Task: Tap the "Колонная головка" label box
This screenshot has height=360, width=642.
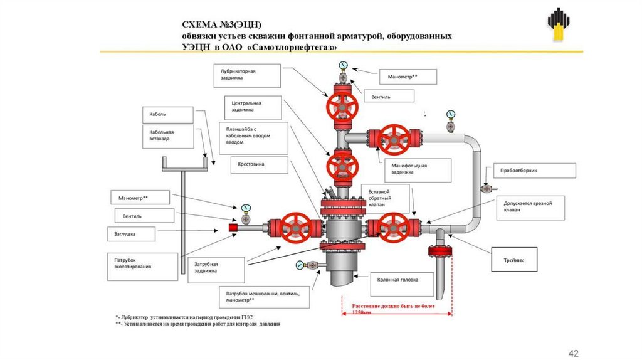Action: (402, 280)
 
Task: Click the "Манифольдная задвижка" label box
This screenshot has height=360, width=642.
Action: (416, 169)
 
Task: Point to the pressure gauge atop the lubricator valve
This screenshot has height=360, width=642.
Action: (343, 65)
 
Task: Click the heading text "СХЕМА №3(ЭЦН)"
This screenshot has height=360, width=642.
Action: (216, 24)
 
